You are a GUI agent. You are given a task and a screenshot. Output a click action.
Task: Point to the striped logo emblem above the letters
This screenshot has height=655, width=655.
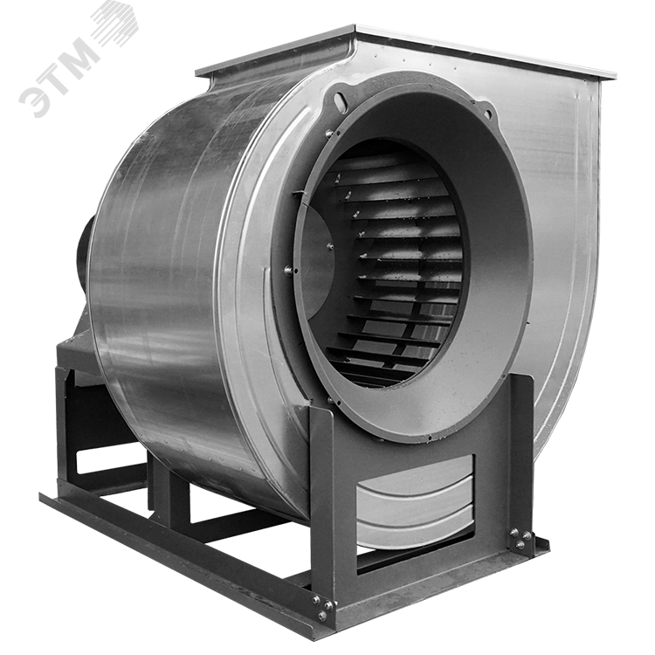114,22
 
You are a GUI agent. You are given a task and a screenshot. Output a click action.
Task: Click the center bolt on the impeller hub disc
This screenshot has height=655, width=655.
330,246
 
